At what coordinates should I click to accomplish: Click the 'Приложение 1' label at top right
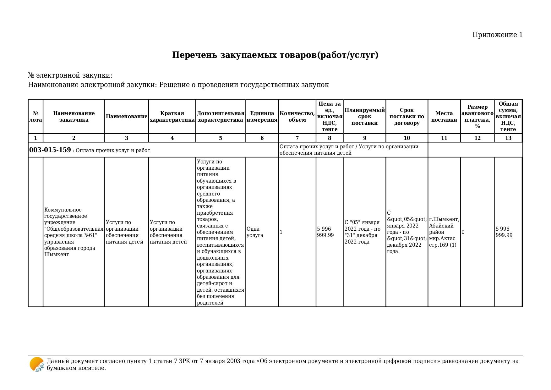(497, 35)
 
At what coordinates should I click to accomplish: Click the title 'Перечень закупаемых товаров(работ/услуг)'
(275, 55)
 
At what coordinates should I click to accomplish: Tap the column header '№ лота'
(35, 117)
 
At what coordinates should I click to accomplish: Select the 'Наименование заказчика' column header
(74, 117)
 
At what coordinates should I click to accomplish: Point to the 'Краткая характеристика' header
(172, 117)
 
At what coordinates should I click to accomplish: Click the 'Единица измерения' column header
(262, 117)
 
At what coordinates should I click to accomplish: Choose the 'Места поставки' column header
(444, 117)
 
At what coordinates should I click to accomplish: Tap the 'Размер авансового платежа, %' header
(477, 117)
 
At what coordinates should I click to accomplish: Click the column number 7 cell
(297, 138)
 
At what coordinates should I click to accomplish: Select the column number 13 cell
(508, 138)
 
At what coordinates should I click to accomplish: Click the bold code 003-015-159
(50, 150)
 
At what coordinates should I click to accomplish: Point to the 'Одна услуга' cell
(255, 232)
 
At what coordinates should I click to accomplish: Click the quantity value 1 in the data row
(281, 232)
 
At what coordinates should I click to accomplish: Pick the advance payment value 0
(463, 232)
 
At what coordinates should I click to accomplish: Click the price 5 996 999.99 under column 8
(325, 232)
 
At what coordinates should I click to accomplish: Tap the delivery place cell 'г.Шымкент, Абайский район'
(444, 232)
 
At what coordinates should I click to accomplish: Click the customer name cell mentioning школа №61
(74, 232)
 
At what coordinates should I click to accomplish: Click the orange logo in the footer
(37, 365)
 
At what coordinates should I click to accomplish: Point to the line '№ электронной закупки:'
(70, 76)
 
